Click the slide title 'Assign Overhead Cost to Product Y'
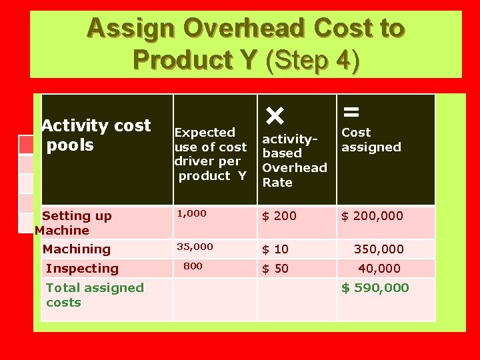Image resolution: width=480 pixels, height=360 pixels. coord(245,43)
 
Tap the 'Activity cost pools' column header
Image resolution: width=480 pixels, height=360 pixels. coord(96,135)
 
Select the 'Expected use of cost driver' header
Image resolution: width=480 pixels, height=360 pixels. coord(210,154)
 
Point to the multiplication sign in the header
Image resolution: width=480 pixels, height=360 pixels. coord(274,116)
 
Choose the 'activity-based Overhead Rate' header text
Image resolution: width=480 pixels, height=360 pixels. coord(294,161)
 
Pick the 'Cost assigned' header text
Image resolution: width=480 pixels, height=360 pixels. coord(371,140)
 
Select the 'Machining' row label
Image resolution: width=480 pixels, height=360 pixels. coord(76,249)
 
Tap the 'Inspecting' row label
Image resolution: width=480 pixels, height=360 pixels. coord(82,269)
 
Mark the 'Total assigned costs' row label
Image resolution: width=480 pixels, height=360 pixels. coord(95,295)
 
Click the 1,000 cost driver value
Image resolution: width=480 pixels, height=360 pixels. coord(191,214)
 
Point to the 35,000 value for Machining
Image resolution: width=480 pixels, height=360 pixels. coord(195,247)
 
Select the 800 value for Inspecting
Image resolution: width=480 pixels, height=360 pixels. coord(193,266)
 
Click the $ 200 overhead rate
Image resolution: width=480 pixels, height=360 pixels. coord(279,216)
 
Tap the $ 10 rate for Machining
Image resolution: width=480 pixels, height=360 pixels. coord(275,249)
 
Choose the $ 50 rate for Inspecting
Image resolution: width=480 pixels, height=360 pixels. coord(275,269)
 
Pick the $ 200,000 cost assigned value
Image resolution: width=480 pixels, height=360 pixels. coord(372,216)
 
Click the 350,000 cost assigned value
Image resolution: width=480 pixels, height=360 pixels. coord(379,249)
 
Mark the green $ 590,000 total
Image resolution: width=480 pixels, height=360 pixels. coord(375,288)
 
